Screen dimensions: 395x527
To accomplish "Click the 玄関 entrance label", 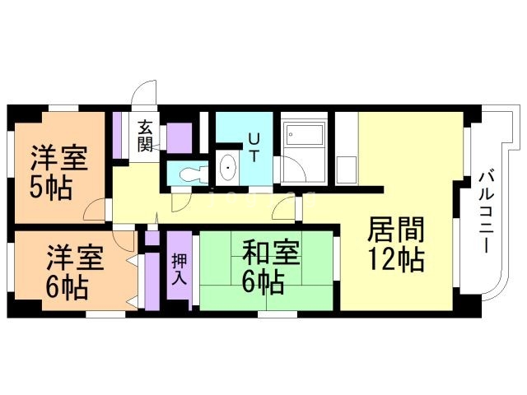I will click(145, 137).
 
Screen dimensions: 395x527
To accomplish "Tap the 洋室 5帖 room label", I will click(57, 172).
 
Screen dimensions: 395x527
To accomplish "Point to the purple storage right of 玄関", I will click(182, 137).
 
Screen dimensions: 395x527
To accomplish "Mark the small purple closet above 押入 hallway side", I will click(152, 239).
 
